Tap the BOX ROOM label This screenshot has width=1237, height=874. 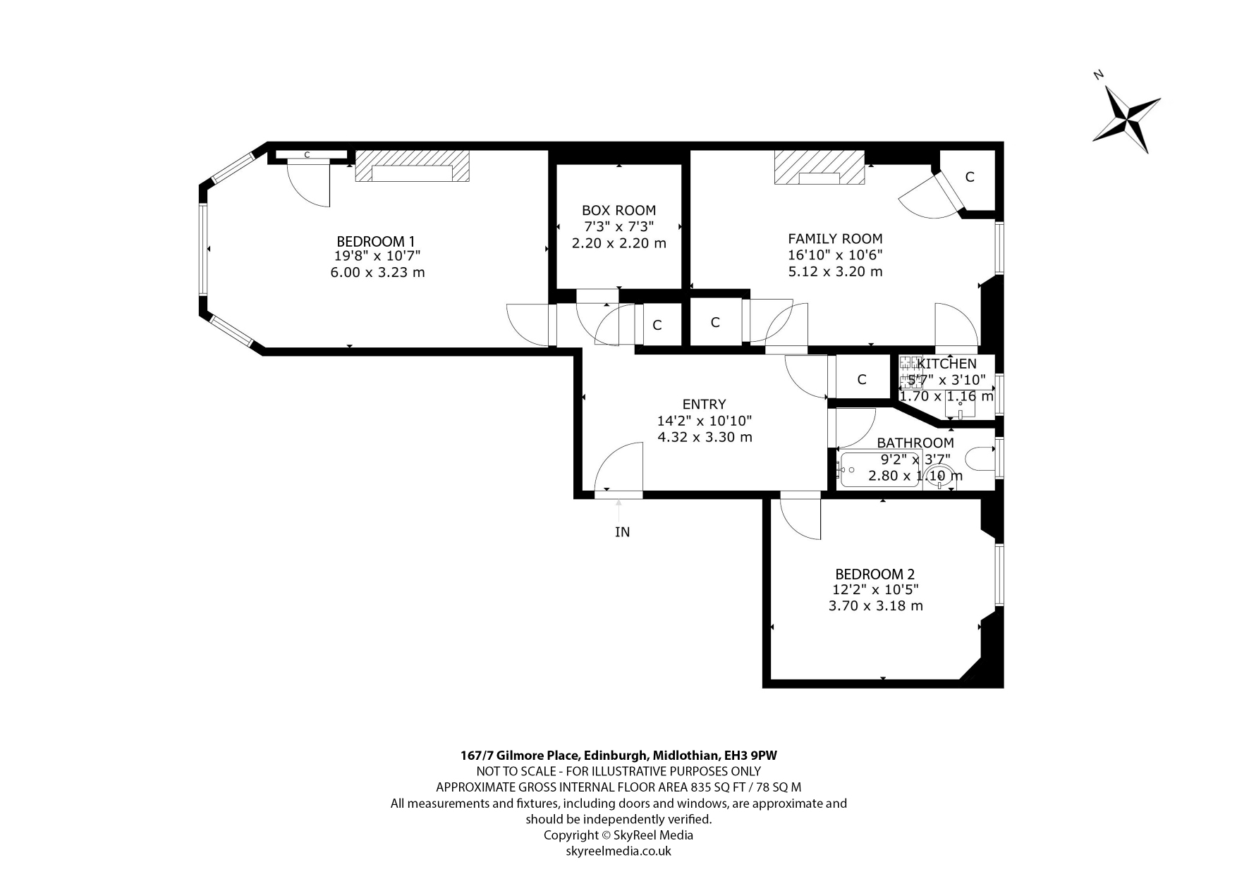[618, 210]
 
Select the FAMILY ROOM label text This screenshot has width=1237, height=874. [835, 238]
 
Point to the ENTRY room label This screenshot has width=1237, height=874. [704, 404]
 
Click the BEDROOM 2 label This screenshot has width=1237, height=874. [875, 574]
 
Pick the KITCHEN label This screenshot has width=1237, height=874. [946, 364]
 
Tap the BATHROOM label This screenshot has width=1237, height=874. [915, 443]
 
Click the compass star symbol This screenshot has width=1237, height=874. [1127, 118]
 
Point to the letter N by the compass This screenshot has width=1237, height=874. [1098, 74]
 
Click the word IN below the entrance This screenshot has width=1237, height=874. [622, 532]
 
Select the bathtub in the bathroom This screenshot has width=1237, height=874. [880, 468]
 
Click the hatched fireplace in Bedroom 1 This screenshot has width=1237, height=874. [413, 166]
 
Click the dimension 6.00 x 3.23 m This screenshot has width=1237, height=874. [377, 272]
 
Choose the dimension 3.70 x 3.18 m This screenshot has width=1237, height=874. [875, 605]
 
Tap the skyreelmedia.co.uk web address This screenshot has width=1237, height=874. [618, 851]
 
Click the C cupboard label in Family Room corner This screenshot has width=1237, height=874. [970, 177]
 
